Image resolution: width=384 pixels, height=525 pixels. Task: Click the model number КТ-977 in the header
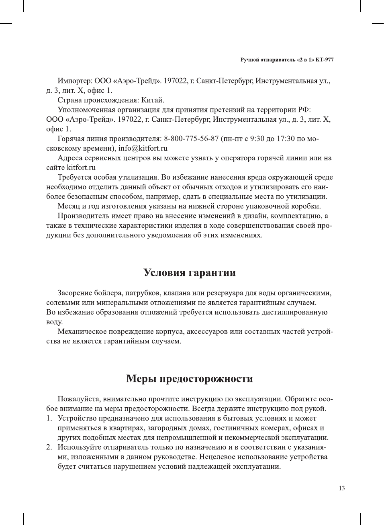coord(325,60)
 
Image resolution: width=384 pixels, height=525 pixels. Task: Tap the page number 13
coord(341,488)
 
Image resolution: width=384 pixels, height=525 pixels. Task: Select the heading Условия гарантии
coord(190,273)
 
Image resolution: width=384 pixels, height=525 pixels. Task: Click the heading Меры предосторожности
coord(190,379)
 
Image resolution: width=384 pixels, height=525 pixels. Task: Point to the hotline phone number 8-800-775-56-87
coord(191,139)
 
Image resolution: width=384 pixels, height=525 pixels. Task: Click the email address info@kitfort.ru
coord(143,148)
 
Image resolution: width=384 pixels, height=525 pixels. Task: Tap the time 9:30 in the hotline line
coord(258,139)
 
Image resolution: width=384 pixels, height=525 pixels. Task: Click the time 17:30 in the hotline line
coord(285,139)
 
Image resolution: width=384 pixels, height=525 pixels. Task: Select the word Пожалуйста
coord(79,399)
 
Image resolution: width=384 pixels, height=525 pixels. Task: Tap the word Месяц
coord(69,206)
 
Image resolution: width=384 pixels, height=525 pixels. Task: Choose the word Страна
coord(70,100)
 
